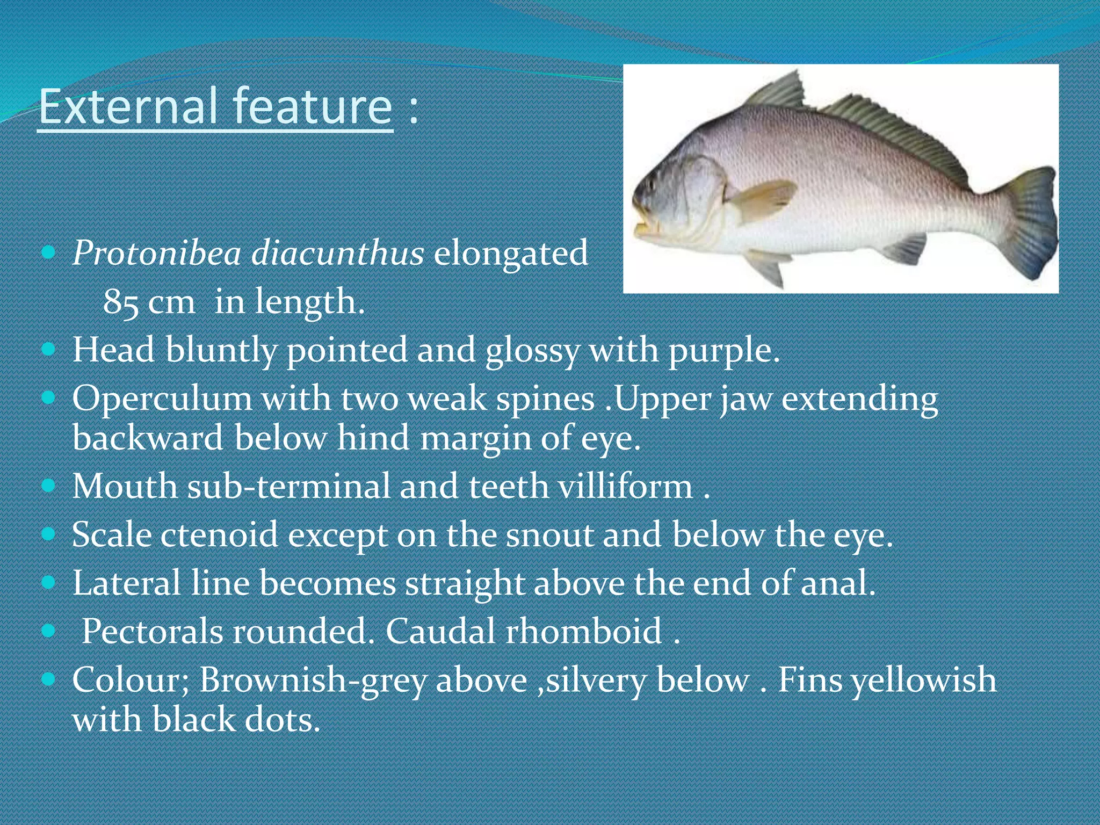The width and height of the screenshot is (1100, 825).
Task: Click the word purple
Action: [723, 351]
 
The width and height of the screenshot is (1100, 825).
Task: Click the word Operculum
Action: [162, 400]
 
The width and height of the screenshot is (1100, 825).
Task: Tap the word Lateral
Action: [126, 583]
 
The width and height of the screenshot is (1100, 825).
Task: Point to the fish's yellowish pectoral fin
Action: [763, 199]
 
